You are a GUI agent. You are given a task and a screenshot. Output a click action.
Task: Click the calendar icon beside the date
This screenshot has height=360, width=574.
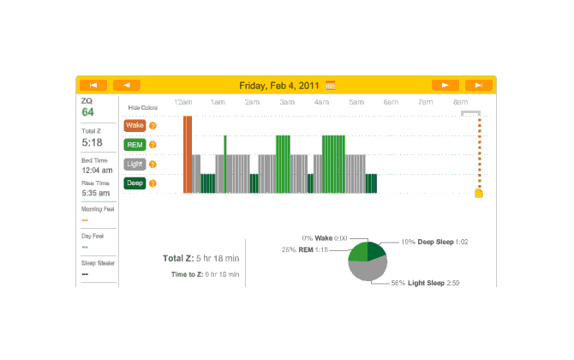click(x=330, y=85)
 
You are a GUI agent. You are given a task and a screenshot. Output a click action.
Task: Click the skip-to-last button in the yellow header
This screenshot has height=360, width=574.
click(x=478, y=85)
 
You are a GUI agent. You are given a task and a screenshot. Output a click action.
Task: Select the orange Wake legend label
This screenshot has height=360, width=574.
click(x=135, y=125)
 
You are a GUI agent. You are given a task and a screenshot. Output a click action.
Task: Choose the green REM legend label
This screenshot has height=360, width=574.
click(x=135, y=145)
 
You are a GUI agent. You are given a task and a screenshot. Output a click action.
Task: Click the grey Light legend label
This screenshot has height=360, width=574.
click(x=135, y=164)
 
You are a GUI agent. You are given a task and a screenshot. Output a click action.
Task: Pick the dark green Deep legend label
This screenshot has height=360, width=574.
click(x=135, y=183)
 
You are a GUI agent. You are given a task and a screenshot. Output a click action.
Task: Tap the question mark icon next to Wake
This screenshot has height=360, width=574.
click(x=152, y=125)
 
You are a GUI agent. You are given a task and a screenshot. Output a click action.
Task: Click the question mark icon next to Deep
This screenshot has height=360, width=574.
click(x=152, y=183)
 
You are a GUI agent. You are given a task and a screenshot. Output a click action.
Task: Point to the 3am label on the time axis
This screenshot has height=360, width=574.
click(x=287, y=103)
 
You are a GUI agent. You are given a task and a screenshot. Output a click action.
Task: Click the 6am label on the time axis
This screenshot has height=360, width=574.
click(x=391, y=103)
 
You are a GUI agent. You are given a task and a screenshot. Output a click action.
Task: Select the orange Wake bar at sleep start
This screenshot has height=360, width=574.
click(x=188, y=154)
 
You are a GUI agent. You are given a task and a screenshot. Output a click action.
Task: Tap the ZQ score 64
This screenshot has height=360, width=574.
click(x=87, y=112)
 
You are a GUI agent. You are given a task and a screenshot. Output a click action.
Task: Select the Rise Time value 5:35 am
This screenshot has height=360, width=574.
click(x=94, y=193)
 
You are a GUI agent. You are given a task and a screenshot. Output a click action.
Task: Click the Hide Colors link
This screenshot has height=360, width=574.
click(x=142, y=108)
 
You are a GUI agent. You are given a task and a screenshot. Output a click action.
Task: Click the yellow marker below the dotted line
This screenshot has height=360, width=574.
click(x=479, y=193)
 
